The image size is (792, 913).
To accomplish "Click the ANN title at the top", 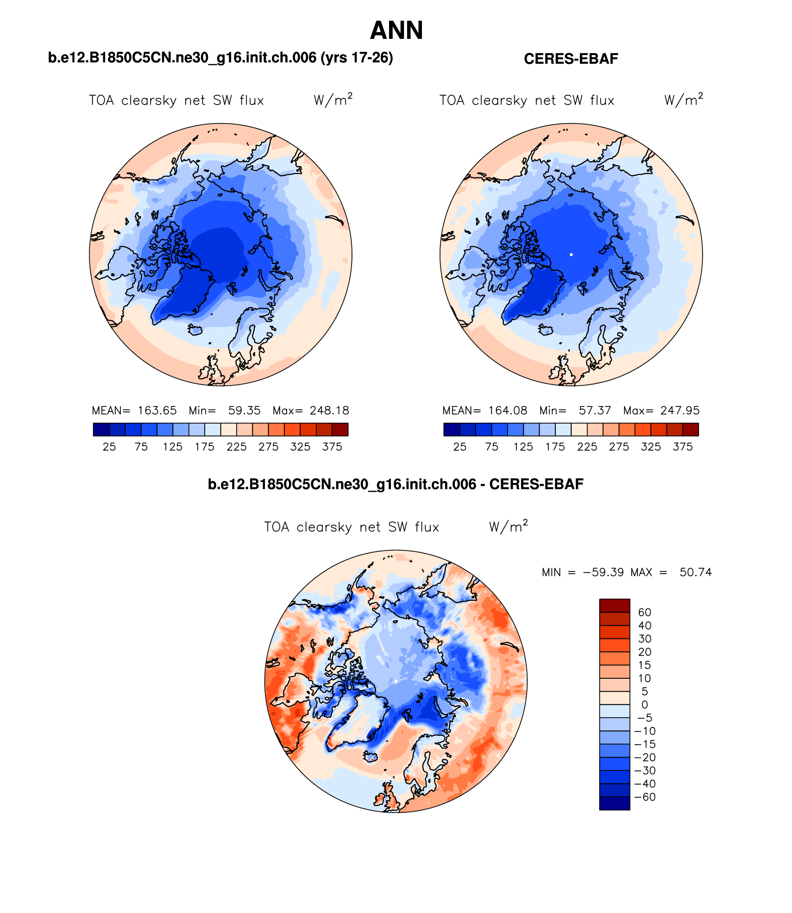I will tap(396, 31).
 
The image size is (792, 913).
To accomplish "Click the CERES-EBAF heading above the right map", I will tap(571, 59).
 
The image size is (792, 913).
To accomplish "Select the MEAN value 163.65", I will tap(157, 411).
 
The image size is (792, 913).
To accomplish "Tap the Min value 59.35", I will tap(244, 411).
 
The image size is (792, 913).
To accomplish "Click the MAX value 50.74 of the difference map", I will tap(695, 572).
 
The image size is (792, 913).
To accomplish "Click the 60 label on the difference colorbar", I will tap(644, 613).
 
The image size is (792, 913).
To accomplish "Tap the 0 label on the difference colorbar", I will tap(644, 705).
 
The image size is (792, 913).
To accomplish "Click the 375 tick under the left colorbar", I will tap(332, 447).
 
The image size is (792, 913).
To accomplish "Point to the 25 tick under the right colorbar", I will tap(459, 447).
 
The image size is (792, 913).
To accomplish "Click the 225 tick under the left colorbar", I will tap(236, 447).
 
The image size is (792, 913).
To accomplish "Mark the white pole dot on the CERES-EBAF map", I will tap(571, 255).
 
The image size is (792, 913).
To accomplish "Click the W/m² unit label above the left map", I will tap(333, 100).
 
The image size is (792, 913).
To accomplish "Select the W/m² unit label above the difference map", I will tap(508, 526).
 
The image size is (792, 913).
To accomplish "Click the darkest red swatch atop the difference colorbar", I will tap(615, 606).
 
